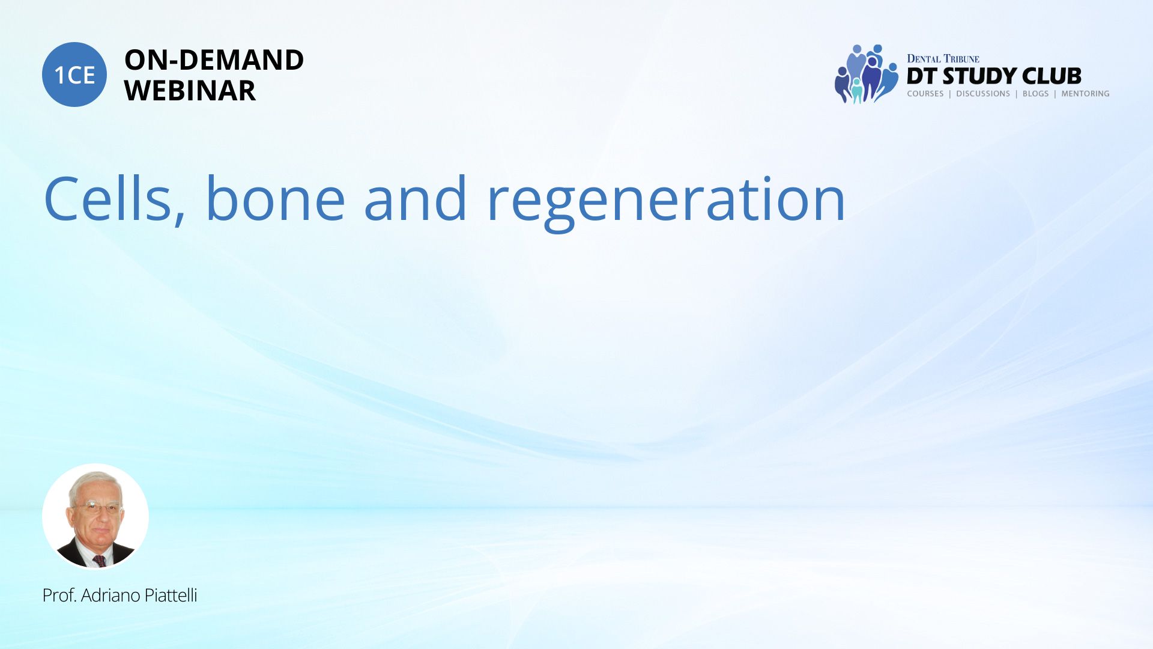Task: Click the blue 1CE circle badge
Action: coord(74,75)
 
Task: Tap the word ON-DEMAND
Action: coord(214,59)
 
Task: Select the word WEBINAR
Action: coord(190,91)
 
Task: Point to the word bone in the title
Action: coord(276,198)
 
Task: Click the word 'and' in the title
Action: coord(416,198)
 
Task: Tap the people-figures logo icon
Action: coord(866,74)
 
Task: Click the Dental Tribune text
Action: coord(943,58)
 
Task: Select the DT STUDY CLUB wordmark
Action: coord(994,76)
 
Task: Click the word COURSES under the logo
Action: coord(925,94)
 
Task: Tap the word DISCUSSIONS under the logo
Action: coord(983,94)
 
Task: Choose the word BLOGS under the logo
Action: coord(1035,94)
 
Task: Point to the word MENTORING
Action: coord(1085,94)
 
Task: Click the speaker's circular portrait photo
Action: coord(95,516)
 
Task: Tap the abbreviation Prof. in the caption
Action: coord(59,596)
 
